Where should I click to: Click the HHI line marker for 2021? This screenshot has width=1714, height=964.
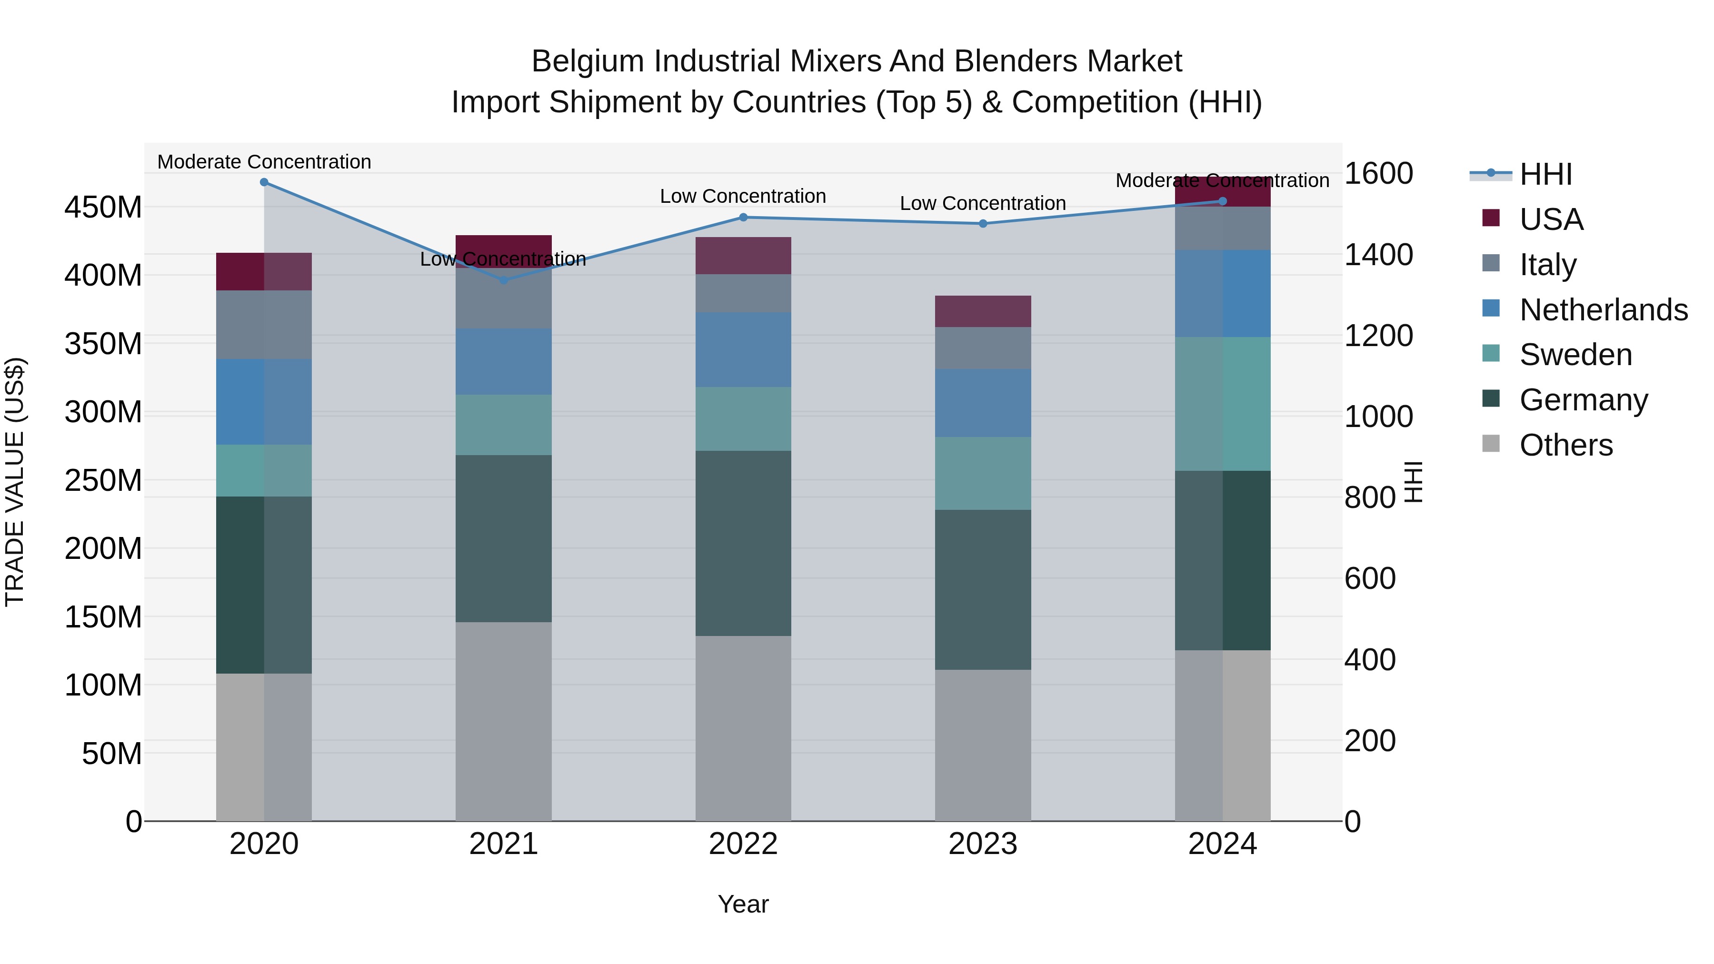[504, 280]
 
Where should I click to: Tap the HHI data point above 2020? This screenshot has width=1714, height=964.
[264, 182]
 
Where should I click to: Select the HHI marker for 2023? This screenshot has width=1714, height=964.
[983, 224]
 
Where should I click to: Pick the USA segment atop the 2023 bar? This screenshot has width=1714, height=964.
[983, 311]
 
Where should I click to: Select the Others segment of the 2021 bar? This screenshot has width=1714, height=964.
[504, 721]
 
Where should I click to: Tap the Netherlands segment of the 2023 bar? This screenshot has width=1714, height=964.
[983, 403]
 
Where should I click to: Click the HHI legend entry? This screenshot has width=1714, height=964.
[1545, 174]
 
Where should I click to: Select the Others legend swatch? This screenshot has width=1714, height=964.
[1491, 444]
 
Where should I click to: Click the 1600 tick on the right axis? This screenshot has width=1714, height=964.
[1378, 174]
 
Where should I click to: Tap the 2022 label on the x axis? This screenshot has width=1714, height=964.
[743, 844]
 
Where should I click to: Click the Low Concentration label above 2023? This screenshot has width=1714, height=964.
[983, 204]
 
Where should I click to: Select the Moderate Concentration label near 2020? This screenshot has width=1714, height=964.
[264, 162]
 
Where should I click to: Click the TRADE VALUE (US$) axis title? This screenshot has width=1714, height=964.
[15, 482]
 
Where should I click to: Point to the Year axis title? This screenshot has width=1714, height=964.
[743, 904]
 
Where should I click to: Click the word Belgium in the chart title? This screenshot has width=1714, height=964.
[588, 62]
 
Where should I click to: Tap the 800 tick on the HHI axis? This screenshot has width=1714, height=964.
[1369, 497]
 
